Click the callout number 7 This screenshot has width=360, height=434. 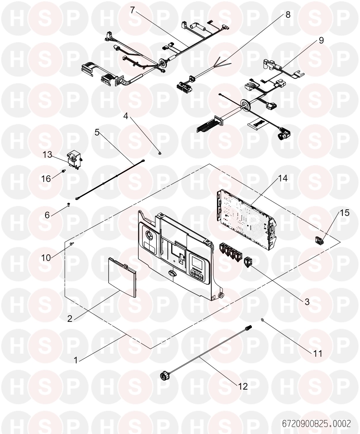[x=133, y=10]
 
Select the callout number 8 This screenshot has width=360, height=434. [x=288, y=15]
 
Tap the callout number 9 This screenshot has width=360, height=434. [x=321, y=40]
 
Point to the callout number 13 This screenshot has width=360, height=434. [x=47, y=155]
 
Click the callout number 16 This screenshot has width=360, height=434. [x=46, y=179]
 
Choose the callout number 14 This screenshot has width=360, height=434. [x=283, y=178]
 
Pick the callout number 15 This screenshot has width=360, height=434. [x=345, y=213]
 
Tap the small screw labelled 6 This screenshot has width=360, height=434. [x=69, y=204]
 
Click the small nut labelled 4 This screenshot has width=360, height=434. [x=160, y=153]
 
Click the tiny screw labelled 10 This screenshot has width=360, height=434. [x=72, y=243]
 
